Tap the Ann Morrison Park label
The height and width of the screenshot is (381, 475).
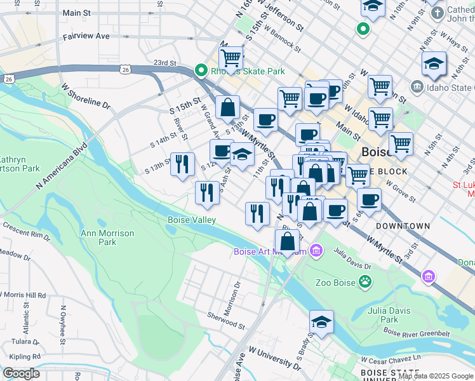(107, 237)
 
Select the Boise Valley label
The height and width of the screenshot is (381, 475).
(192, 220)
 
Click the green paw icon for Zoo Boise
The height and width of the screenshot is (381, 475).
(365, 280)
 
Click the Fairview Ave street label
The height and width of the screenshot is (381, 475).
(86, 37)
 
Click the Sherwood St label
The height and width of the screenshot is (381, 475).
(226, 320)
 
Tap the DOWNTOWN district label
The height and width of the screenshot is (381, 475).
(403, 226)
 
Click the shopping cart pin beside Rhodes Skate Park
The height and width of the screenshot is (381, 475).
(231, 59)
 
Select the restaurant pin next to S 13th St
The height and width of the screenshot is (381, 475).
(183, 164)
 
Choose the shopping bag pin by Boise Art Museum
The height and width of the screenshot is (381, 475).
(287, 242)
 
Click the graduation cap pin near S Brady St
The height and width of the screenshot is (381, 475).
(322, 323)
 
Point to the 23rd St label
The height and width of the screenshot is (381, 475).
(164, 63)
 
